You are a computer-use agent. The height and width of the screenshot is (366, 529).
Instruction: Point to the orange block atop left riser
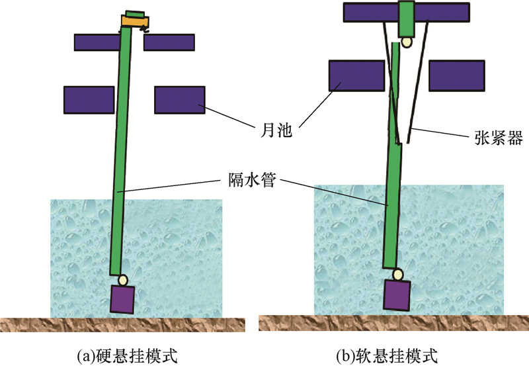tap(134, 22)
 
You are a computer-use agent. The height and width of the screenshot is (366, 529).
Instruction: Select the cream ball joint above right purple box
tap(399, 273)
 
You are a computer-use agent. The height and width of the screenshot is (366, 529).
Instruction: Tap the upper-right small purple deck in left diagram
tap(169, 42)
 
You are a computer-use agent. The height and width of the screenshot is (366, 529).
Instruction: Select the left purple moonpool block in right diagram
tap(356, 75)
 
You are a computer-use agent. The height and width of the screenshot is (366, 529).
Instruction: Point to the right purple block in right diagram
tap(454, 75)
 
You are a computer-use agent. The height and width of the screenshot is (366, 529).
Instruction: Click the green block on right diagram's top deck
tap(407, 17)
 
